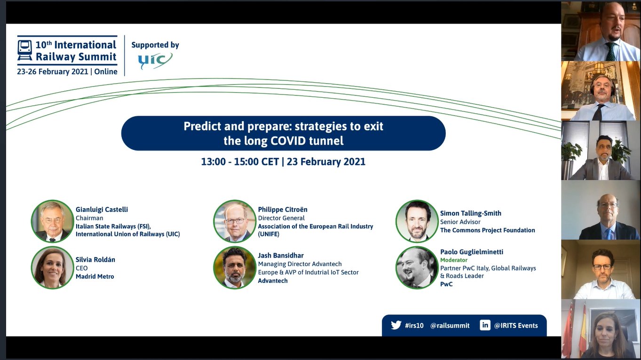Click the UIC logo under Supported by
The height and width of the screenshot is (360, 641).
click(x=155, y=60)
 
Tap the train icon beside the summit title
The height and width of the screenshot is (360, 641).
click(x=25, y=50)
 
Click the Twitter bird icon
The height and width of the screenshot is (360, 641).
click(x=396, y=325)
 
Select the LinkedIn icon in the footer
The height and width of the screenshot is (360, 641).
click(x=485, y=325)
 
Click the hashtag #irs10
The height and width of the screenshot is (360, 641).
click(x=414, y=326)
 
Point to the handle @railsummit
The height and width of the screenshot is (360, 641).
click(x=450, y=326)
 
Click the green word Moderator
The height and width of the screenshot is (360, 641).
click(x=453, y=260)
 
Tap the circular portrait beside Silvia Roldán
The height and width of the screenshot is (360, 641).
click(x=52, y=267)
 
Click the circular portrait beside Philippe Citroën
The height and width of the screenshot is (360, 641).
click(x=235, y=221)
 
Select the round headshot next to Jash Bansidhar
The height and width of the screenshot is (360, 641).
click(x=235, y=267)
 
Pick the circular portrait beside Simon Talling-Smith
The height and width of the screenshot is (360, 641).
click(x=417, y=221)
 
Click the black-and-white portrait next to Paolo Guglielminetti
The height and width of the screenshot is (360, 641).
click(x=417, y=267)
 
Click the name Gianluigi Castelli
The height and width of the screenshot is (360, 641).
click(x=102, y=210)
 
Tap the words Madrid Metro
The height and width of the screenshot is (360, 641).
click(x=95, y=276)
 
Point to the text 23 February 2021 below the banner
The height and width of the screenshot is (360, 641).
click(x=326, y=162)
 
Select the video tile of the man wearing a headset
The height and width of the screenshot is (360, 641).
click(x=601, y=91)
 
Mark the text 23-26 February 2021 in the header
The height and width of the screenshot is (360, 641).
click(x=52, y=71)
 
